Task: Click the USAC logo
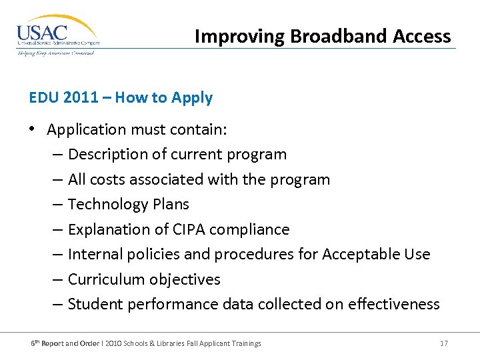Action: click(58, 35)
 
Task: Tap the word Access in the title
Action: click(421, 36)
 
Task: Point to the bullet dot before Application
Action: click(33, 130)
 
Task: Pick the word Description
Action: click(108, 155)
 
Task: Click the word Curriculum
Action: click(107, 279)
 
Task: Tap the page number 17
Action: click(444, 343)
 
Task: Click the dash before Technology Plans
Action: click(57, 205)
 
